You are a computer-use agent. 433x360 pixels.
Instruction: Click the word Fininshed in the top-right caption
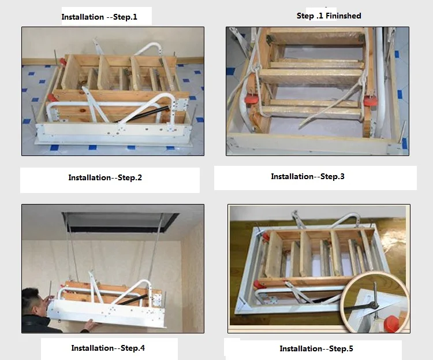point(344,16)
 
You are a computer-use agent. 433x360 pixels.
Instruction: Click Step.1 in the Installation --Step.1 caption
point(122,17)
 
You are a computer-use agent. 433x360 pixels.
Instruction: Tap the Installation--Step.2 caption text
point(105,177)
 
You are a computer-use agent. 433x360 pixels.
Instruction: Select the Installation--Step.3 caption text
point(308,176)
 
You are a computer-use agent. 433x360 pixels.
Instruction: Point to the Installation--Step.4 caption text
point(108,348)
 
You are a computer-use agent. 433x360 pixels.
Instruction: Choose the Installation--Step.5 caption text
point(316,348)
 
